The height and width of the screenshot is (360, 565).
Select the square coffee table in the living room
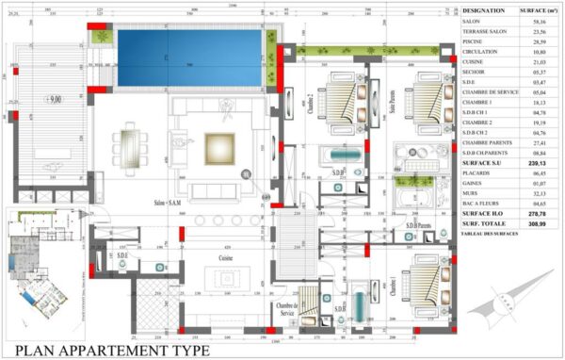coord(219,148)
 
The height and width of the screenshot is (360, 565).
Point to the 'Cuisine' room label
coord(227,256)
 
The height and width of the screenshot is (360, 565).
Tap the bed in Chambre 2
coord(340,102)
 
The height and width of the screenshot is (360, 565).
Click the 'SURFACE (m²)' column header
coord(540,11)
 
